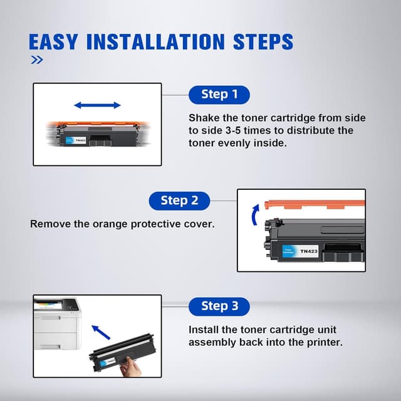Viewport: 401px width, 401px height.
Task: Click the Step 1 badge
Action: pyautogui.click(x=219, y=95)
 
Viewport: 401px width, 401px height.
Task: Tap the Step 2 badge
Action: pyautogui.click(x=179, y=200)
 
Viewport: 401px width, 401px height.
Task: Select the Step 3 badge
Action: pyautogui.click(x=219, y=306)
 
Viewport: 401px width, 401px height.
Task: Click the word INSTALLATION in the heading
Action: pyautogui.click(x=156, y=42)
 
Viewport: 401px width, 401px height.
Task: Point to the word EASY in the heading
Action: pyautogui.click(x=53, y=42)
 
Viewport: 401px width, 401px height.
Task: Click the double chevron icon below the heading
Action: pyautogui.click(x=37, y=60)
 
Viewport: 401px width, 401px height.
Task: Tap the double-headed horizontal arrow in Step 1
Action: pyautogui.click(x=97, y=105)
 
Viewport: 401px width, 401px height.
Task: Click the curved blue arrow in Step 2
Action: pyautogui.click(x=255, y=215)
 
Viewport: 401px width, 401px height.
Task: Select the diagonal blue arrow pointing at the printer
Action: pyautogui.click(x=101, y=332)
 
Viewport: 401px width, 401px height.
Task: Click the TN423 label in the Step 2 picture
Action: pyautogui.click(x=309, y=251)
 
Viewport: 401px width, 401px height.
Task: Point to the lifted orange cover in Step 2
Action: pyautogui.click(x=315, y=205)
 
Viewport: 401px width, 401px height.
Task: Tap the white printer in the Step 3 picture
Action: pyautogui.click(x=58, y=323)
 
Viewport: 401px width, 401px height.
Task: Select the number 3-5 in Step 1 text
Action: pyautogui.click(x=233, y=130)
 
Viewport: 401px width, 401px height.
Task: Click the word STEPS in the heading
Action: pyautogui.click(x=263, y=42)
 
